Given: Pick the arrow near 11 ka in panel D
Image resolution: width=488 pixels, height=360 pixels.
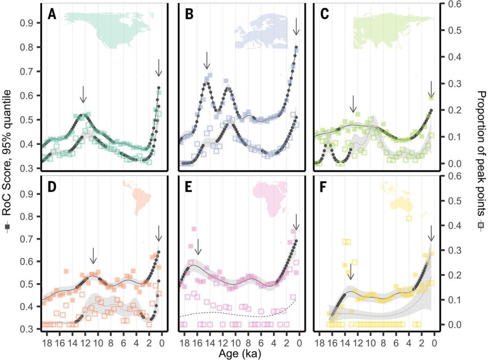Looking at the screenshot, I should pos(94,254).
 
